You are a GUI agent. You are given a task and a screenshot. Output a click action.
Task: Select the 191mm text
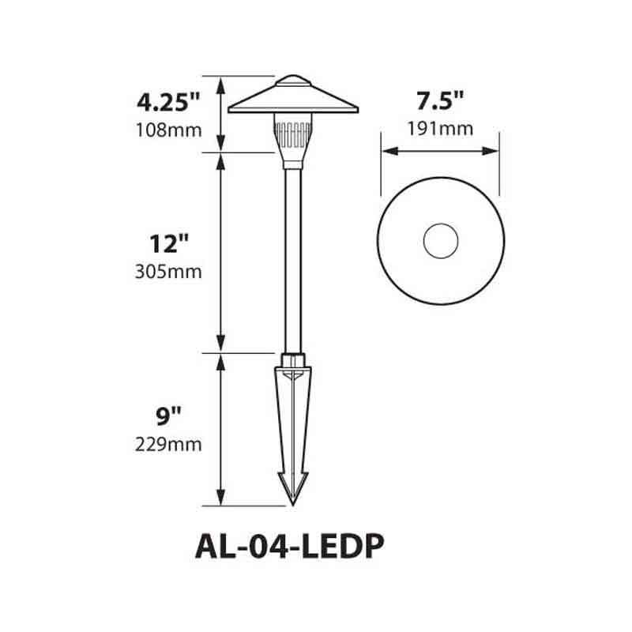[x=439, y=129]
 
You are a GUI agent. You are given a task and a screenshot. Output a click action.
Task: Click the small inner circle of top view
[x=440, y=241]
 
